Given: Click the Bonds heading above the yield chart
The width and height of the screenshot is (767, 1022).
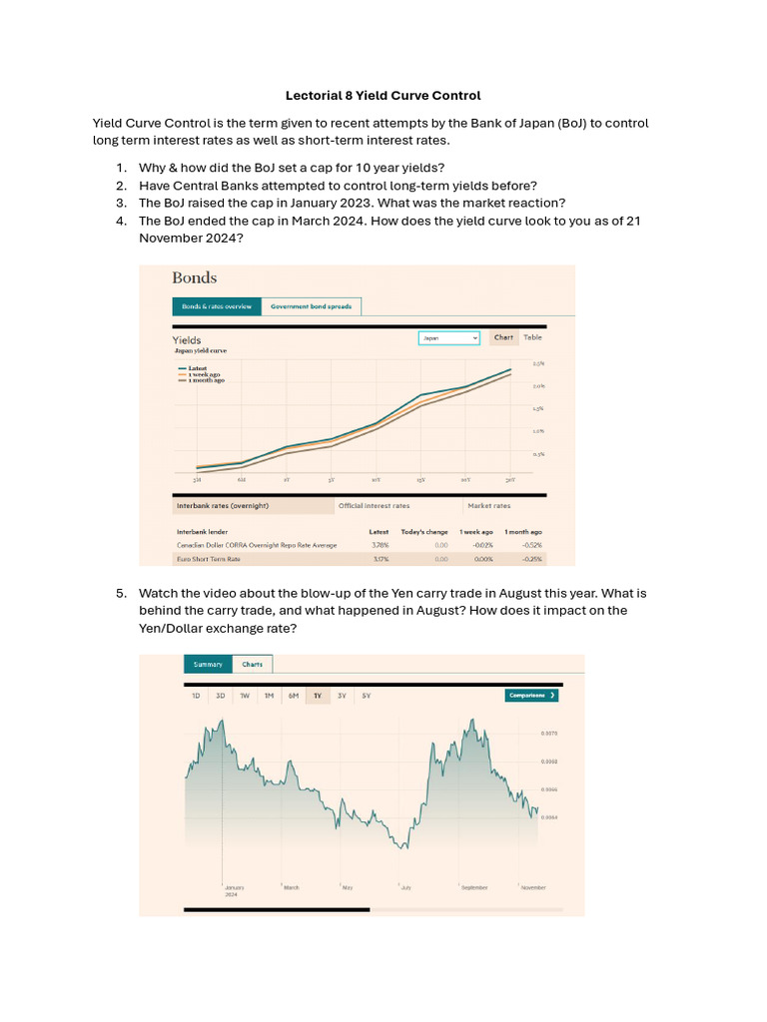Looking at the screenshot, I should [194, 277].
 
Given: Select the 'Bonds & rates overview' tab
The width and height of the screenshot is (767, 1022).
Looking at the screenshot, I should [216, 306].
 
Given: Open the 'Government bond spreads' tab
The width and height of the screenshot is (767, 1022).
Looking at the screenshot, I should [311, 306].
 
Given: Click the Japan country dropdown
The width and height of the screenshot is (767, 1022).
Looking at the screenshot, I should [448, 338].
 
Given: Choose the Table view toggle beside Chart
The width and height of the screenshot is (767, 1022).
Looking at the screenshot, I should [532, 337].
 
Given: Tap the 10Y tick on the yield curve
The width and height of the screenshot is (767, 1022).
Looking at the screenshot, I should [376, 479].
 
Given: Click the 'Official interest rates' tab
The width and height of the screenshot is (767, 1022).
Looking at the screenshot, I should [374, 506].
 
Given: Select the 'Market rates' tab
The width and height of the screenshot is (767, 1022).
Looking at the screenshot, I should [488, 506].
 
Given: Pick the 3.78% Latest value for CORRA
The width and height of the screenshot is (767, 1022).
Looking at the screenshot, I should [380, 545].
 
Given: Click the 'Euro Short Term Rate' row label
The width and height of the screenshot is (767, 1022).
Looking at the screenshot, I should [209, 559].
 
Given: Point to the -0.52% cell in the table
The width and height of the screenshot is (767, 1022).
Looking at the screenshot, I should [531, 545].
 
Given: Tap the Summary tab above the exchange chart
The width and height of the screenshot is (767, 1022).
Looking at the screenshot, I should [208, 664].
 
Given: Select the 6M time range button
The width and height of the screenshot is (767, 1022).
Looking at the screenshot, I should [294, 695].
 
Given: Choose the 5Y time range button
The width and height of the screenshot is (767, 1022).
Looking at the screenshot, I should [367, 695].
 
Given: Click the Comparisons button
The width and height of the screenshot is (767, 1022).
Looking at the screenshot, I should [531, 695].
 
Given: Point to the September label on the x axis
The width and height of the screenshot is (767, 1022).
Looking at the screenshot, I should [473, 887].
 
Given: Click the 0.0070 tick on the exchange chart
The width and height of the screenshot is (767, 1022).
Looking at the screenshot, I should [549, 734].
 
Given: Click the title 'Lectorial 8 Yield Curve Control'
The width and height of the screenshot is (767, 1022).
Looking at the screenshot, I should [383, 96].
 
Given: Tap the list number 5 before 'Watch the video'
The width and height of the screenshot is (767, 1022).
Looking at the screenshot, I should [121, 594].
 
